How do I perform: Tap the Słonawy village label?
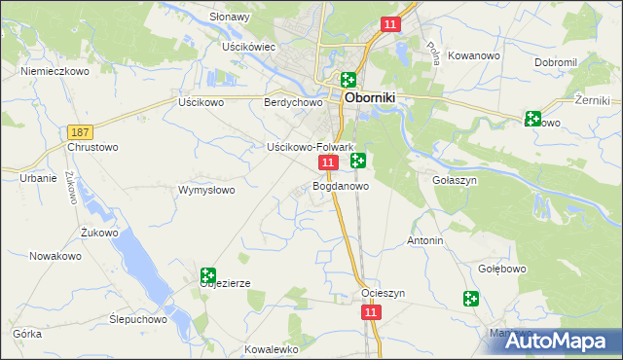pyautogui.click(x=231, y=18)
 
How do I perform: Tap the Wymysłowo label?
pyautogui.click(x=206, y=190)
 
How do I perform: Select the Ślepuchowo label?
pyautogui.click(x=138, y=318)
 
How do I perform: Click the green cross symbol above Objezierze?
pyautogui.click(x=207, y=276)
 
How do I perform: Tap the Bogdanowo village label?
pyautogui.click(x=341, y=185)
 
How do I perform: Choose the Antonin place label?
pyautogui.click(x=425, y=240)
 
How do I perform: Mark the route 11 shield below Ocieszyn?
pyautogui.click(x=370, y=312)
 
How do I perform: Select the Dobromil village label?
pyautogui.click(x=556, y=62)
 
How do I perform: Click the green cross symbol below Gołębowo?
pyautogui.click(x=472, y=299)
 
